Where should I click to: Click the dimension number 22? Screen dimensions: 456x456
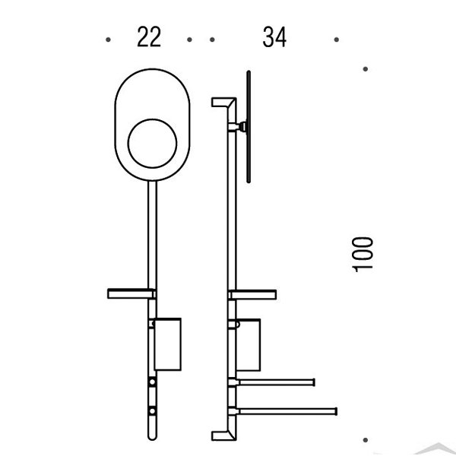pos(149,37)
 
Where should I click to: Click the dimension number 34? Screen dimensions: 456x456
pos(274,37)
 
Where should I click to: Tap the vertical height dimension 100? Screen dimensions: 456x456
pos(363,253)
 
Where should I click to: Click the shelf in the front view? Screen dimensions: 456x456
pos(131,293)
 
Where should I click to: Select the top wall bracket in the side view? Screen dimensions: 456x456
pos(222,103)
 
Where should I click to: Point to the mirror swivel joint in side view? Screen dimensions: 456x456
pos(242,126)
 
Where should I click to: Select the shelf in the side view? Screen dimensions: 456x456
pos(252,293)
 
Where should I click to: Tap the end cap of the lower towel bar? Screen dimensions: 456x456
pos(335,410)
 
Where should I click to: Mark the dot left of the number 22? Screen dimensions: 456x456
pos(109,38)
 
